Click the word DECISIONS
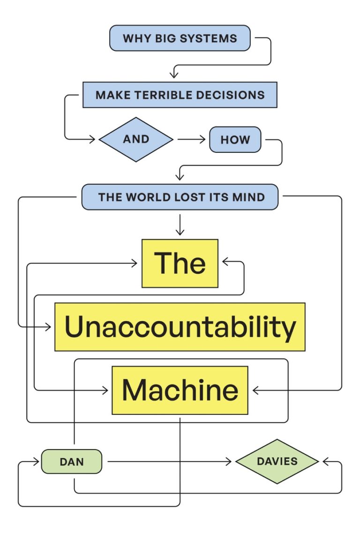(237, 95)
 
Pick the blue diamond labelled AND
(136, 139)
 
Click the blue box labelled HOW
(235, 140)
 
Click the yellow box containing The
(180, 263)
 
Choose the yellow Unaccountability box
(180, 327)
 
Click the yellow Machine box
(180, 390)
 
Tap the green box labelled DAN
(72, 462)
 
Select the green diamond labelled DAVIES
(277, 461)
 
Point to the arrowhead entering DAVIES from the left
(229, 462)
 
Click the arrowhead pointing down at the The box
(180, 232)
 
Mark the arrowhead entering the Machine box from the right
(256, 390)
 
